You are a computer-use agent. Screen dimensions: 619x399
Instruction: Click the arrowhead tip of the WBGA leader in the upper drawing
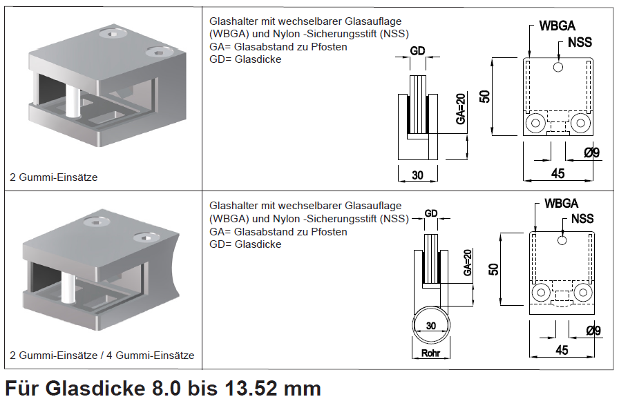pyautogui.click(x=529, y=59)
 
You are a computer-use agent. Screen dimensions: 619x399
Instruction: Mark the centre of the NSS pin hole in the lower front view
pyautogui.click(x=562, y=240)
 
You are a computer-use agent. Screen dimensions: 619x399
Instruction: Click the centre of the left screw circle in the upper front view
pyautogui.click(x=535, y=123)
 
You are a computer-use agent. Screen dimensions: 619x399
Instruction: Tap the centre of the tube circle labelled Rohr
pyautogui.click(x=431, y=326)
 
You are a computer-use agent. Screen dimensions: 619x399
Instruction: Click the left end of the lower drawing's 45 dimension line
pyautogui.click(x=529, y=357)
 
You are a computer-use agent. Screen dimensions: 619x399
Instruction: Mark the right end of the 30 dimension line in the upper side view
pyautogui.click(x=437, y=181)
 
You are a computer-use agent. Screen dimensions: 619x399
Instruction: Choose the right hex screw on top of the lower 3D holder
pyautogui.click(x=147, y=237)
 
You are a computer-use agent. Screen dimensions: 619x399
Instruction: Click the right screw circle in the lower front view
pyautogui.click(x=583, y=293)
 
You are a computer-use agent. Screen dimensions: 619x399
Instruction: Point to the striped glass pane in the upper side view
pyautogui.click(x=418, y=105)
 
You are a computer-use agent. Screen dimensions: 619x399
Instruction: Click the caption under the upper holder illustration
pyautogui.click(x=54, y=177)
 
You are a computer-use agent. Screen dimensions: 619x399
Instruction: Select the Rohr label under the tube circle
pyautogui.click(x=430, y=353)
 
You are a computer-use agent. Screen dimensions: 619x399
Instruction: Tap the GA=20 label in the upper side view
pyautogui.click(x=461, y=109)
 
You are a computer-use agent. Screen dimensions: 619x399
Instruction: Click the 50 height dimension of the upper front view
pyautogui.click(x=485, y=97)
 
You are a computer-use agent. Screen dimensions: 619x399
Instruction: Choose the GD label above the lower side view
pyautogui.click(x=431, y=213)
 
